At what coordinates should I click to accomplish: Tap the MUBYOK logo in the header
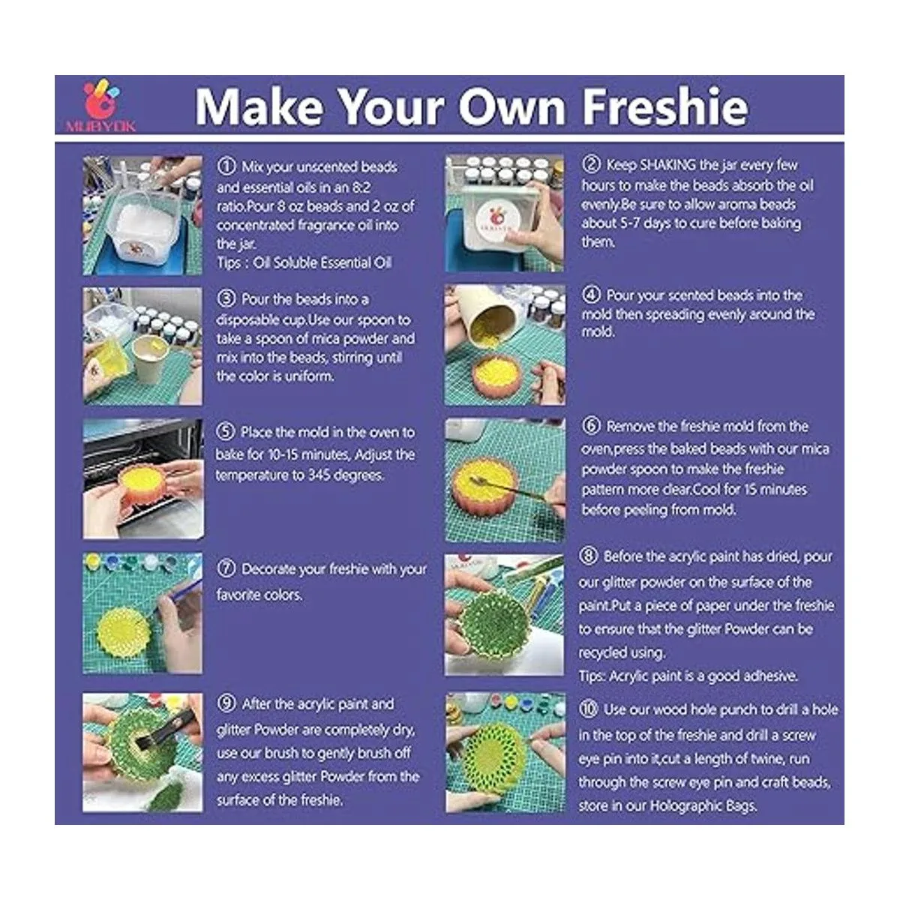coord(101,106)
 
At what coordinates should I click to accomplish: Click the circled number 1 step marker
coord(226,166)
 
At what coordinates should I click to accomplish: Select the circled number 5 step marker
coord(226,431)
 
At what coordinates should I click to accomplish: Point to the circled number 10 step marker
coord(589,709)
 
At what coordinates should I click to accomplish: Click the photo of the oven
coord(143,478)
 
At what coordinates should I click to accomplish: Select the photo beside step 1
coord(142,215)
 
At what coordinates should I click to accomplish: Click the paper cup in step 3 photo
coord(151,357)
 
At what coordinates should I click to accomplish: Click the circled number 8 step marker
coord(589,556)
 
